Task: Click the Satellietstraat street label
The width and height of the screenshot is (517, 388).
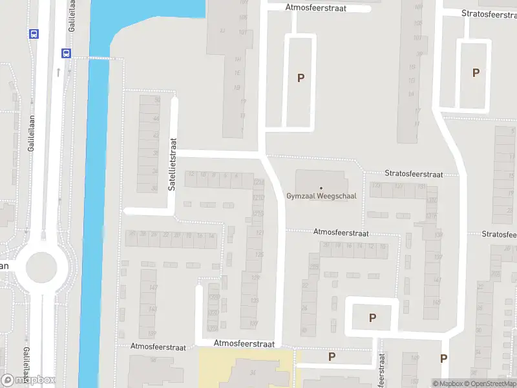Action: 173,167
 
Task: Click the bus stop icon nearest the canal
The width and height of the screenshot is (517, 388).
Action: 66,53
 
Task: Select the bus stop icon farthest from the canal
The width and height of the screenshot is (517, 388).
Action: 34,34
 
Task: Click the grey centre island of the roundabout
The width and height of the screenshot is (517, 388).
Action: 42,266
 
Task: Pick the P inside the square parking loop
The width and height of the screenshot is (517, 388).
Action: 372,318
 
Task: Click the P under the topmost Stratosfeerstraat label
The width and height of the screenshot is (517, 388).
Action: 476,73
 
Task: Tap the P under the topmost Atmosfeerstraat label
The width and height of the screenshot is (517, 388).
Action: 301,78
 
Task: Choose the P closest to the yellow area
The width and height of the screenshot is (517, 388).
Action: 332,356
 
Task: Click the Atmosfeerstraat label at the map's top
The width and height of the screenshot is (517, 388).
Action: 316,8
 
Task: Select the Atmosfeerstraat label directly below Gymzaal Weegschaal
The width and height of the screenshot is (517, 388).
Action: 341,232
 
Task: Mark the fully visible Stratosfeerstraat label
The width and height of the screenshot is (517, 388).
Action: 414,174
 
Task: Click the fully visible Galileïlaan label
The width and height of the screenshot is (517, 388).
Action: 31,134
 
